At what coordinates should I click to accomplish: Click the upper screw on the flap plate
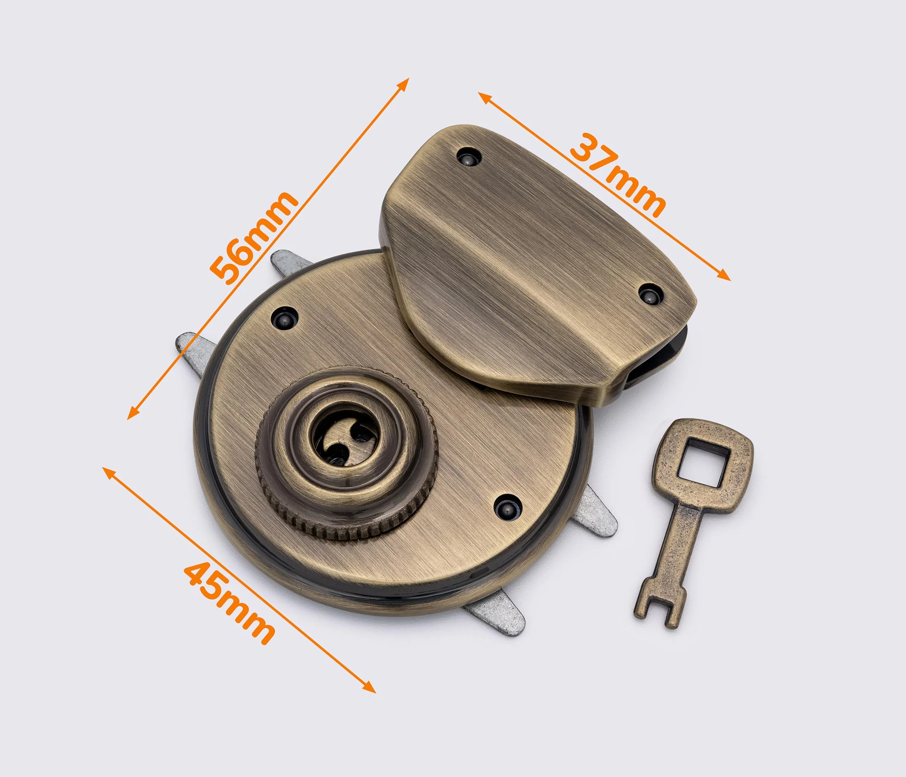pos(468,156)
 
